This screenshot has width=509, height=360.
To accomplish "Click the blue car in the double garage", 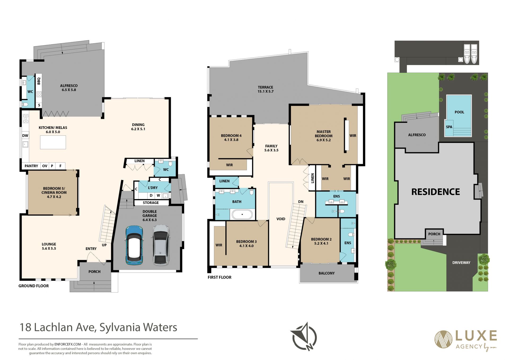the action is (x=134, y=245).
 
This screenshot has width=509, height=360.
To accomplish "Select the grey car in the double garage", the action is (x=161, y=245).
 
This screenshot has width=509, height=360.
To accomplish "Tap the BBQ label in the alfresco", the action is (x=39, y=81).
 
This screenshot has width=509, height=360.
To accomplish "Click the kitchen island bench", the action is (x=53, y=142).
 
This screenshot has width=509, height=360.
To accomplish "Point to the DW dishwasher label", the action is (x=25, y=136).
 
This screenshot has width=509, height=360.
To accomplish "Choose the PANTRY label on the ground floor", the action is (x=31, y=166).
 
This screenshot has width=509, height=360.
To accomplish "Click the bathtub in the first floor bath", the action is (x=242, y=214).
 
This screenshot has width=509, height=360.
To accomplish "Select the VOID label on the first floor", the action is (x=281, y=219).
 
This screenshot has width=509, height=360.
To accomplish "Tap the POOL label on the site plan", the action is (x=459, y=112).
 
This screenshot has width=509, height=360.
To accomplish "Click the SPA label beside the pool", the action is (x=449, y=127).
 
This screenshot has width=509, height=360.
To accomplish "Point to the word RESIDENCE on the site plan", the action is (x=436, y=192).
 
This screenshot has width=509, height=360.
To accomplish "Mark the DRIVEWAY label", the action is (x=461, y=263).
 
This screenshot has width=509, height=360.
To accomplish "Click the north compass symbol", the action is (x=304, y=336).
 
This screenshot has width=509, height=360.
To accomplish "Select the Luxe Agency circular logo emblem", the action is (x=443, y=339).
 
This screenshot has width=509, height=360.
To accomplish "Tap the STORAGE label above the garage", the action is (x=151, y=203).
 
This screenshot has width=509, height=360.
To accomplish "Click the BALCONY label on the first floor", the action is (x=327, y=273).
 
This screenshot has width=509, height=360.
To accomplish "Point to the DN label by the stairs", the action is (x=301, y=202).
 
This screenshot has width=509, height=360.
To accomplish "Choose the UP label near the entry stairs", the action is (x=104, y=245).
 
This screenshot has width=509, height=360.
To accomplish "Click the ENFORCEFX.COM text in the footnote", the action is (x=68, y=344).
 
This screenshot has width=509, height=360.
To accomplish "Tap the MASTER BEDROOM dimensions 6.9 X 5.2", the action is (x=324, y=140).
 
